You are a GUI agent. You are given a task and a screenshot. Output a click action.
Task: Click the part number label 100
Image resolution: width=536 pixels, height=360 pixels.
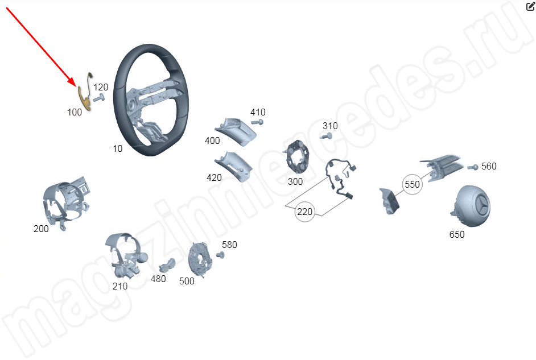click(x=75, y=113)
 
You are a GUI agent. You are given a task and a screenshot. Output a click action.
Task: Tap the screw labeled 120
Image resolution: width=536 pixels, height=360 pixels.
click(x=98, y=98)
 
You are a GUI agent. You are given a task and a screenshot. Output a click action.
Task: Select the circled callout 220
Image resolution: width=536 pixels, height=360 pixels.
click(x=304, y=212)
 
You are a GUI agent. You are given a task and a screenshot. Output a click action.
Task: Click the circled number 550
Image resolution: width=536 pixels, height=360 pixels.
click(x=413, y=184)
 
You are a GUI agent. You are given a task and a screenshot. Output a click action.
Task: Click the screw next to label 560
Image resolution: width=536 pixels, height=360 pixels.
click(x=473, y=167)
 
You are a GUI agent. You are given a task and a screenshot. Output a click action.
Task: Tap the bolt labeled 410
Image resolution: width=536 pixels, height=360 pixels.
click(x=258, y=122)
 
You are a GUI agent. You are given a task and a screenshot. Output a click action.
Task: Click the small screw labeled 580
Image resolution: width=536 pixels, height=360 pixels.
click(x=220, y=255)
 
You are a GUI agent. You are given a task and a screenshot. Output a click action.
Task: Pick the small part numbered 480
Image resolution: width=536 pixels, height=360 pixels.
click(x=167, y=266)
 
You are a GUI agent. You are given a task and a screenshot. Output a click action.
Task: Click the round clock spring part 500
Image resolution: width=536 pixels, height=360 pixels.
click(x=200, y=259)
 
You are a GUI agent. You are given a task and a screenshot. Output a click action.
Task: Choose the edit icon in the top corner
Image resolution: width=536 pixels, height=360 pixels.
click(x=530, y=6)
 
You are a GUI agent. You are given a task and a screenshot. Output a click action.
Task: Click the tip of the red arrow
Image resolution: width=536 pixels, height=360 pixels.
click(x=76, y=86)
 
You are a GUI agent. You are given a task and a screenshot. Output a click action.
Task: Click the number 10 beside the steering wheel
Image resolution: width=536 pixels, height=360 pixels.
click(x=117, y=148)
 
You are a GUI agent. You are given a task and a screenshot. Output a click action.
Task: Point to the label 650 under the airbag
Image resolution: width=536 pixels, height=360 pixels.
click(x=457, y=234)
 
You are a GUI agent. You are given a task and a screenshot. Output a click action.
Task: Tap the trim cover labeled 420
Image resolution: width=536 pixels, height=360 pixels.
click(x=234, y=166)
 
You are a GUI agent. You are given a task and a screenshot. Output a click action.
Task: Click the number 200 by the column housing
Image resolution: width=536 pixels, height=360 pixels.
click(x=41, y=229)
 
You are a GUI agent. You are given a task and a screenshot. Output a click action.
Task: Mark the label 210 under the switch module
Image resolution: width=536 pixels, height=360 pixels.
click(x=120, y=286)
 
